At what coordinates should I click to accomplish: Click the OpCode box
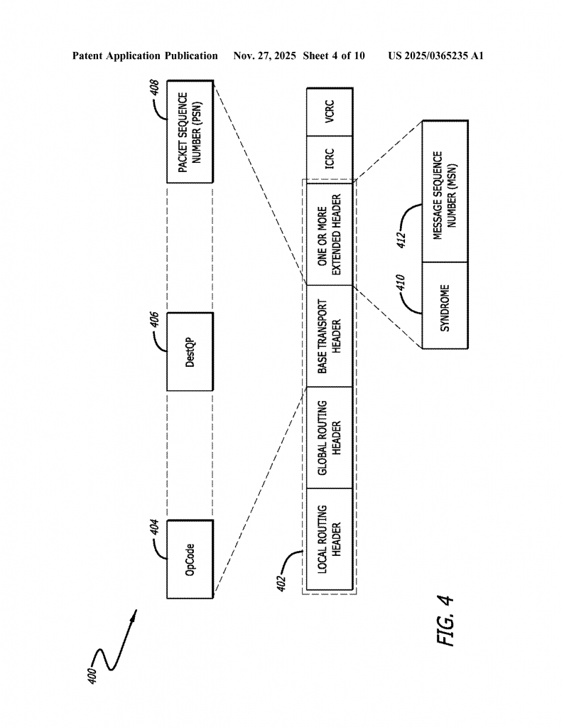(190, 559)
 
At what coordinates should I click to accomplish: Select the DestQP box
(190, 351)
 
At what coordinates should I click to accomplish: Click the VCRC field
(330, 112)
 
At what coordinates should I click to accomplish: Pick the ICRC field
(330, 157)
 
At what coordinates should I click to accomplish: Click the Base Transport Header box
(330, 336)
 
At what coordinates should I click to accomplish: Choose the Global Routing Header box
(330, 438)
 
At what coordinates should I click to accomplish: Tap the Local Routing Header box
(330, 540)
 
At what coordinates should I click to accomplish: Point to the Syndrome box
(445, 306)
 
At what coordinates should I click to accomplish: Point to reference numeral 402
(281, 582)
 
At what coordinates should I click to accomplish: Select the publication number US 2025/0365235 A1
(435, 55)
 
